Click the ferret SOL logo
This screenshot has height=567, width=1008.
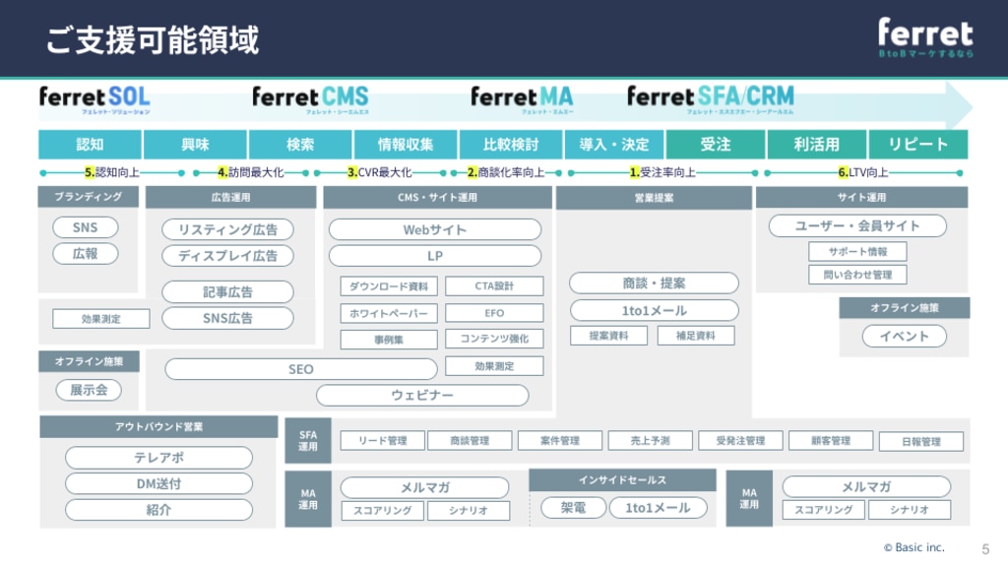(x=94, y=98)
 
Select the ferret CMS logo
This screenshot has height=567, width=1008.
(x=310, y=98)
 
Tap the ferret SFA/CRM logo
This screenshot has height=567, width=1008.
(x=710, y=98)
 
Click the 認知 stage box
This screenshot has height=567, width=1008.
(x=90, y=145)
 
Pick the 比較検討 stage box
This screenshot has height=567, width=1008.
(x=511, y=145)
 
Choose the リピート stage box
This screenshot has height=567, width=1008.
(x=917, y=145)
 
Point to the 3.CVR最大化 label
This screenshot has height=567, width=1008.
(x=379, y=172)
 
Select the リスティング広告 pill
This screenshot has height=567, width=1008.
(x=227, y=229)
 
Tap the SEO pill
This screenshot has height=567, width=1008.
(x=300, y=369)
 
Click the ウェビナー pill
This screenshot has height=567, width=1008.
(x=422, y=396)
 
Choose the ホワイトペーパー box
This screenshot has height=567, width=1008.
(x=389, y=313)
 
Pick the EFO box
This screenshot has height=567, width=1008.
(x=494, y=313)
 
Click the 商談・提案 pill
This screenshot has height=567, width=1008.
(x=654, y=283)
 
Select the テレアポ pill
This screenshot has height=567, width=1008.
(x=158, y=458)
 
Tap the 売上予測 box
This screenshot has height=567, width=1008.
(x=650, y=441)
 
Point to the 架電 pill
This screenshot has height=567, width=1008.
(x=573, y=508)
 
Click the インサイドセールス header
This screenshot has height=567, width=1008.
(x=622, y=480)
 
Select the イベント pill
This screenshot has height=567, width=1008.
(x=904, y=337)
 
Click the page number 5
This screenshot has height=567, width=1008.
(x=985, y=548)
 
